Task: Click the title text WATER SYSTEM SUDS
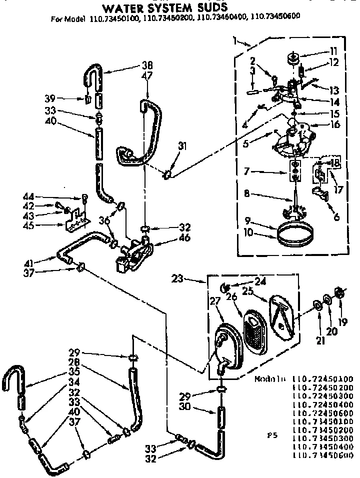click(165, 7)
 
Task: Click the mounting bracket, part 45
click(77, 219)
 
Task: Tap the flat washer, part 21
click(316, 305)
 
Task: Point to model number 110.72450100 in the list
click(323, 379)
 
